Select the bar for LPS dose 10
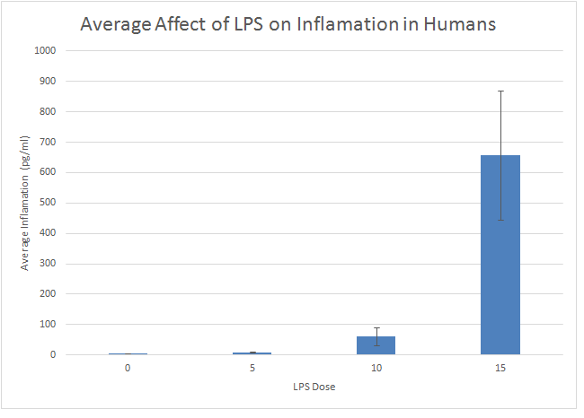376,345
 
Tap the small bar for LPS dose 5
252,353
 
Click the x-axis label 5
252,368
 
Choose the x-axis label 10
376,368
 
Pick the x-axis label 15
500,368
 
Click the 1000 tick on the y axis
47,51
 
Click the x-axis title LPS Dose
314,387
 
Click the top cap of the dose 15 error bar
500,91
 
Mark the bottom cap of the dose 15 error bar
500,220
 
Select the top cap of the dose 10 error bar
376,327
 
